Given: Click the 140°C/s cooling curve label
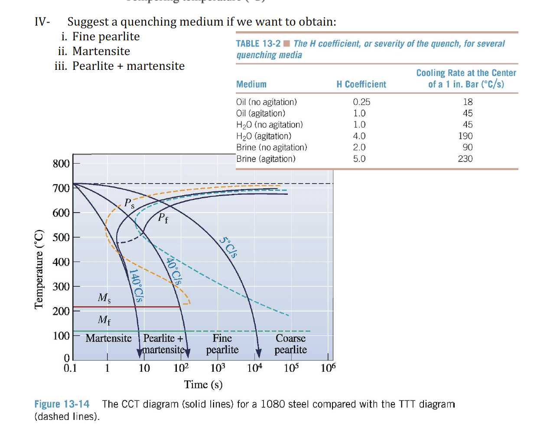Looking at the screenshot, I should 136,285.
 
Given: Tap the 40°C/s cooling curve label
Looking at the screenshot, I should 174,271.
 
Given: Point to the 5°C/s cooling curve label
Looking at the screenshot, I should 228,247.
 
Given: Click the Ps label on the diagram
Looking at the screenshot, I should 129,203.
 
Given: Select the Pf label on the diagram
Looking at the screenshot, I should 163,218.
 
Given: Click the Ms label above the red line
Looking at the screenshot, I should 104,298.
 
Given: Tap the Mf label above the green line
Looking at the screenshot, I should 104,320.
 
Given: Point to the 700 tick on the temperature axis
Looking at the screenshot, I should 61,188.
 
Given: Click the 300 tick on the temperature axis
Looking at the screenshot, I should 61,287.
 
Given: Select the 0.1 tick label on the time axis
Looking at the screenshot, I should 70,369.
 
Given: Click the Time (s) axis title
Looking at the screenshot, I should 203,385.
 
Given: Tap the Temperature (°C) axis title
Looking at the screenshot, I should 39,269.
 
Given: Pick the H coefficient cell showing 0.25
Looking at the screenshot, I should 361,102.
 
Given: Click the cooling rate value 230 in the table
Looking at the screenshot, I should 465,159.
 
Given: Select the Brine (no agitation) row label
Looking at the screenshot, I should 271,147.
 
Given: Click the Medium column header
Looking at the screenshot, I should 251,84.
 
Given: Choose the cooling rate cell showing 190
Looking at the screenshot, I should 465,136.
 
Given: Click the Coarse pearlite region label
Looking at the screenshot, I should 290,344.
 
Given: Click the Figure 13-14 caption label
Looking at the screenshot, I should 62,404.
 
